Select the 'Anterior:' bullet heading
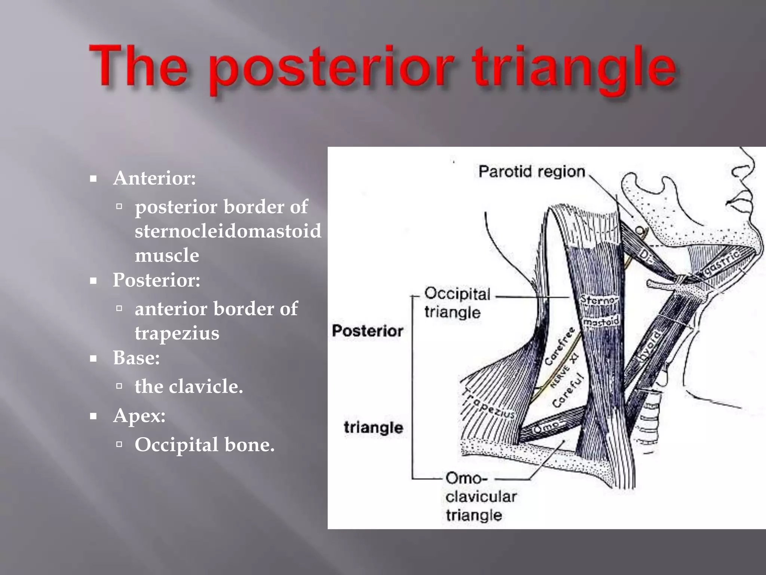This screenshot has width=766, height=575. tap(154, 178)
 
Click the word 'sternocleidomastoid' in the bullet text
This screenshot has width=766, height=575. tap(228, 231)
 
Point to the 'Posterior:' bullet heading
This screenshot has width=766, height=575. tap(156, 280)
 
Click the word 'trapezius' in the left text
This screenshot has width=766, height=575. tap(177, 333)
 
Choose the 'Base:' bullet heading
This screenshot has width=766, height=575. tap(136, 358)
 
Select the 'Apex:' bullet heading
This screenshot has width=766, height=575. tap(139, 416)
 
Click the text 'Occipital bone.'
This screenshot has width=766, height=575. tap(204, 445)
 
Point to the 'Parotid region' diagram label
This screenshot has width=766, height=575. tap(531, 172)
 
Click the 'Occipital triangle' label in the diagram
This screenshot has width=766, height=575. tap(457, 302)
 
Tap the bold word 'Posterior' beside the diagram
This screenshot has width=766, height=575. tap(367, 331)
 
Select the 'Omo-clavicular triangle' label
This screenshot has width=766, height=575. tap(481, 496)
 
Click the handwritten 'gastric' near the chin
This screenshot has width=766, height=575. tap(722, 264)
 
